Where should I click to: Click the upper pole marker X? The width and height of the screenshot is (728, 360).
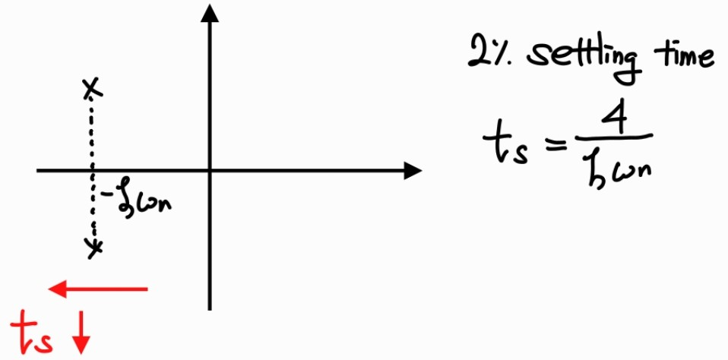pos(91,89)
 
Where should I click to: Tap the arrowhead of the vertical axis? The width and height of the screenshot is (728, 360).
pos(210,14)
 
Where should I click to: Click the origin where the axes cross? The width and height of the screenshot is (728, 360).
pos(210,170)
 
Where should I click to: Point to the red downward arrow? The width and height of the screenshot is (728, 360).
pos(81,335)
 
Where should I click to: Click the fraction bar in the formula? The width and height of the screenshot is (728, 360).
pos(612,137)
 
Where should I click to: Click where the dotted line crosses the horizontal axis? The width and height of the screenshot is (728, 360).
pos(93,170)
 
